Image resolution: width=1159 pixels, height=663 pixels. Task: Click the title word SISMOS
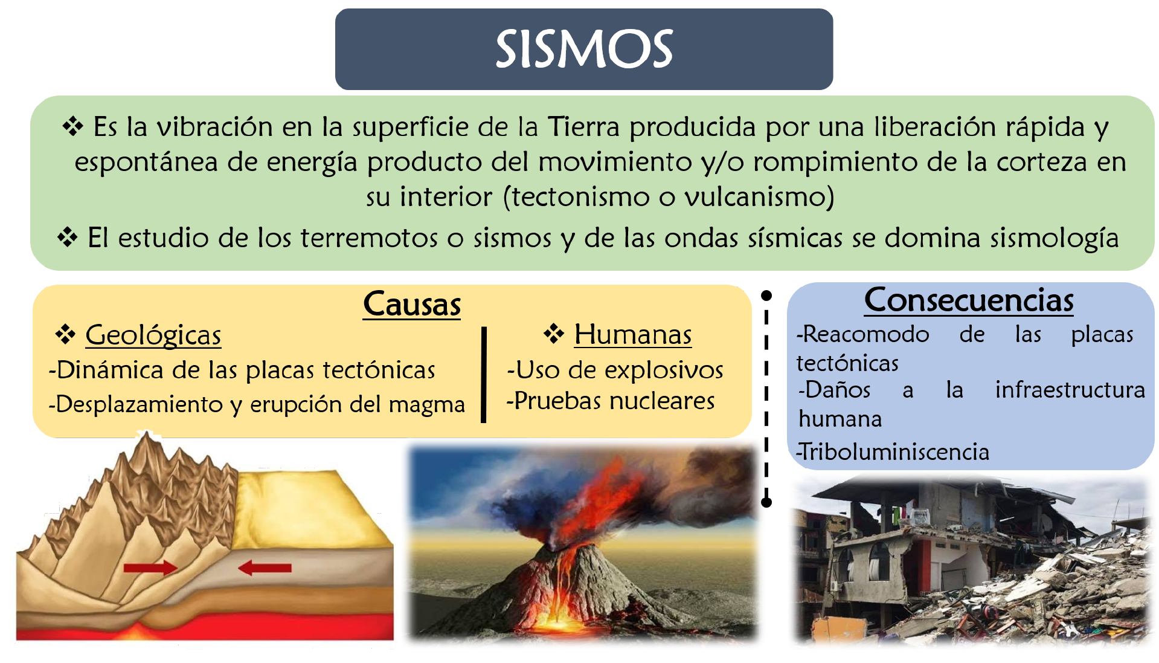[584, 49]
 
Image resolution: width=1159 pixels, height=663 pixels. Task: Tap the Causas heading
[412, 303]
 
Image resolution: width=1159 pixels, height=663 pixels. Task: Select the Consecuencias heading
[969, 300]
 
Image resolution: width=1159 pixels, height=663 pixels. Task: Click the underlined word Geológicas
[153, 335]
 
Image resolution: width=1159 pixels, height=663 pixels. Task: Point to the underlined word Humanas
[633, 334]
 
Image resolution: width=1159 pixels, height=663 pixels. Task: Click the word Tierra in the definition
[583, 127]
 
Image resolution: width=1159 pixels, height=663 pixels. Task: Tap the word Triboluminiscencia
[894, 452]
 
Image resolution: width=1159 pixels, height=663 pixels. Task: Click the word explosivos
[664, 370]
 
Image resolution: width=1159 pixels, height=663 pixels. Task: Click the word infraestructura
[1070, 390]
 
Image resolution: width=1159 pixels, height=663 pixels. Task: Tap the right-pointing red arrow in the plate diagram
[150, 568]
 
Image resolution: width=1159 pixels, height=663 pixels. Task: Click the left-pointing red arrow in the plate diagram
[265, 568]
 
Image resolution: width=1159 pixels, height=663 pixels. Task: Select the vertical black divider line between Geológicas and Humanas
[484, 375]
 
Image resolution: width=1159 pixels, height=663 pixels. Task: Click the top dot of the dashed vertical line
[766, 296]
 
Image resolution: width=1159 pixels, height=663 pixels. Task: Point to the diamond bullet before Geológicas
[65, 334]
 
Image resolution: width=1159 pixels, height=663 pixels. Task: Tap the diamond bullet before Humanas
[554, 333]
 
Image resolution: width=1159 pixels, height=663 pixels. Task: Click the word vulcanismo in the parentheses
[759, 197]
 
